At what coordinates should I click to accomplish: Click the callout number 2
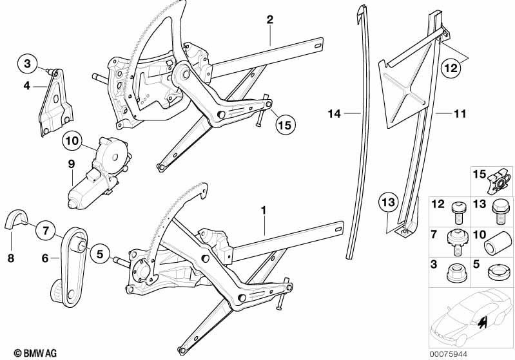tap(270, 19)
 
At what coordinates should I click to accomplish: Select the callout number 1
tap(263, 210)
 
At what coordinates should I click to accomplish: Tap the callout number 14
tap(333, 114)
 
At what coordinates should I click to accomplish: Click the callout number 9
tap(72, 164)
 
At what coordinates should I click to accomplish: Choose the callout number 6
tap(45, 258)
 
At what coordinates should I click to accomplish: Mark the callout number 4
tap(27, 84)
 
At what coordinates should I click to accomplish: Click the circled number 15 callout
tap(284, 124)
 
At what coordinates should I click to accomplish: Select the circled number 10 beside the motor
tap(72, 139)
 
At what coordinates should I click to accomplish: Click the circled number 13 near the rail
tap(385, 202)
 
